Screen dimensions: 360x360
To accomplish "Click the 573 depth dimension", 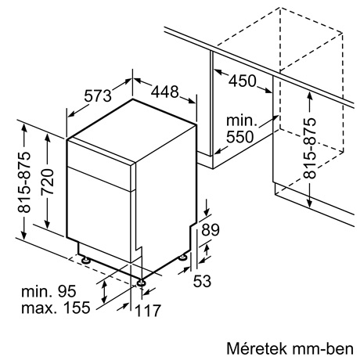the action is (98, 95).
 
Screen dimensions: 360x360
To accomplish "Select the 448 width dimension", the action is (165, 92).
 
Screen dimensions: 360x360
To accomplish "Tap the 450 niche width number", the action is (243, 81).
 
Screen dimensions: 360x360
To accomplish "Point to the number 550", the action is (239, 137).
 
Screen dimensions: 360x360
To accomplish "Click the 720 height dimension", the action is (48, 182).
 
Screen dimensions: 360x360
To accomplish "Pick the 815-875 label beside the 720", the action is (24, 182).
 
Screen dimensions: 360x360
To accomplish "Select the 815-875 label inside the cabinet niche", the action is (310, 148).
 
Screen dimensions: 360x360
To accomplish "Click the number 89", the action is (211, 230).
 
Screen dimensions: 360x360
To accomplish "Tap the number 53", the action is (202, 281).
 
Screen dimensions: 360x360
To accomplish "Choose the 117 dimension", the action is (147, 311).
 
